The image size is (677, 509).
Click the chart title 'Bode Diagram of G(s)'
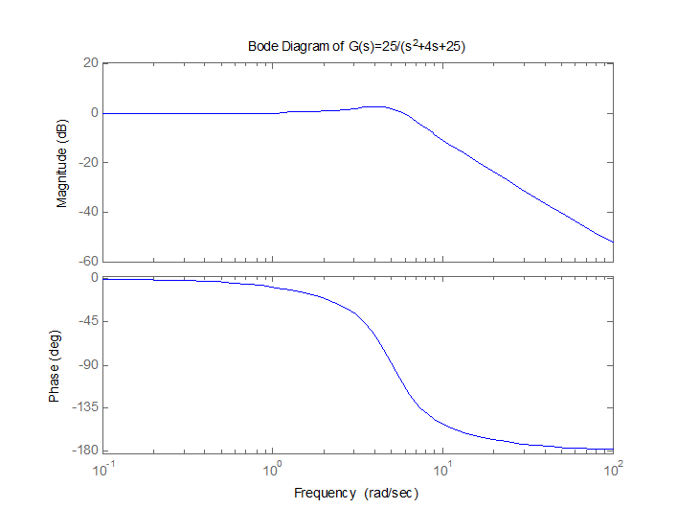[x=357, y=46]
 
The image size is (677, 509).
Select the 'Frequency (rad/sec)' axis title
[x=356, y=493]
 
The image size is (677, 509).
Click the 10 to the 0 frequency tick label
[x=274, y=470]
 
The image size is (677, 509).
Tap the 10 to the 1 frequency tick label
[x=443, y=470]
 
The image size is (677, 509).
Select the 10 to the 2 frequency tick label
[x=613, y=470]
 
